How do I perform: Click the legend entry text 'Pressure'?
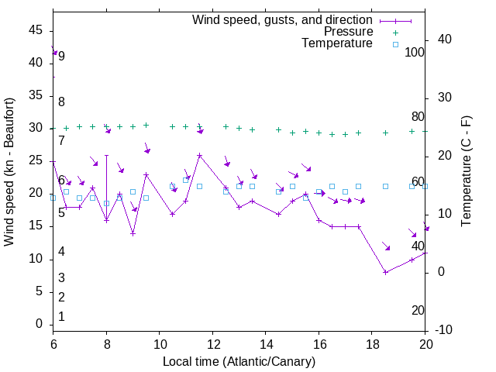coord(348,32)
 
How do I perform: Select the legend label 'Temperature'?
coord(337,43)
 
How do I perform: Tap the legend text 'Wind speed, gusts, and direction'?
coord(282,19)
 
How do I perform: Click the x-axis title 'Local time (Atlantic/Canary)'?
coord(239,362)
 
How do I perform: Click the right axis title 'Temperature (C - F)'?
coord(466,172)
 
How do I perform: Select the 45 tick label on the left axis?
coord(36,30)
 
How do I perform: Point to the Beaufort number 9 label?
coord(61,56)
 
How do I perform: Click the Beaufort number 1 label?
coord(61,316)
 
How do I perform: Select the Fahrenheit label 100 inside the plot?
coord(415,52)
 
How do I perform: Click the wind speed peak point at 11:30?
coord(199,155)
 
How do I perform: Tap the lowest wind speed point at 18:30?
coord(385,272)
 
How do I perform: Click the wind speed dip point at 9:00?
coord(133,233)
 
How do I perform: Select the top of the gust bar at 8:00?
coord(106,155)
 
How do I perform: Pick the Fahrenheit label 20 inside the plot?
coord(418,310)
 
